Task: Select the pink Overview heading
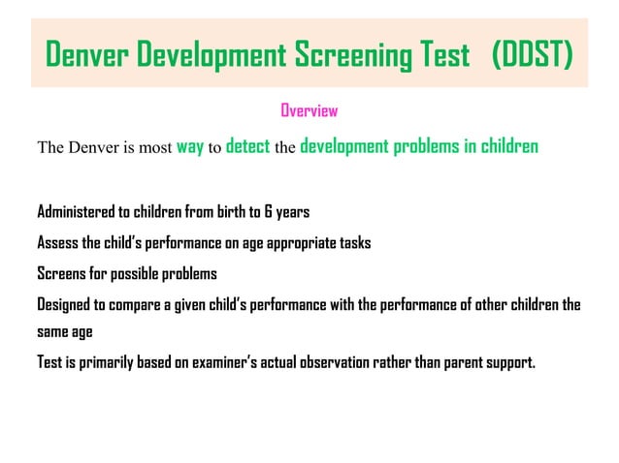[x=309, y=110]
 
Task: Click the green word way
[x=189, y=148]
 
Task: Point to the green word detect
[x=246, y=148]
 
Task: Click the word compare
[x=139, y=304]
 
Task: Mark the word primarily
[x=103, y=364]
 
